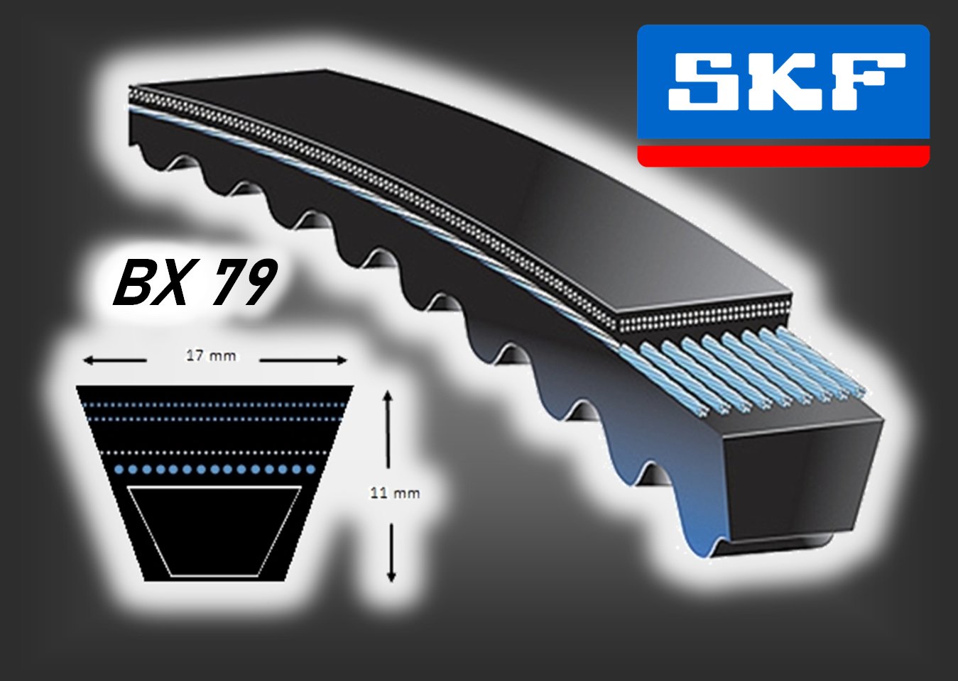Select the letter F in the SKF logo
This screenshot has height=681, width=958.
click(873, 81)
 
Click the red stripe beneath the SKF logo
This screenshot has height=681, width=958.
click(783, 156)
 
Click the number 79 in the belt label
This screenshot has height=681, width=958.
click(241, 283)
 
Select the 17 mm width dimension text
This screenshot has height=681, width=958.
click(212, 355)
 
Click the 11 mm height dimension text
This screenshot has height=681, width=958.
click(395, 493)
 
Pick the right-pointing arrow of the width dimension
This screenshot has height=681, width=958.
click(303, 360)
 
